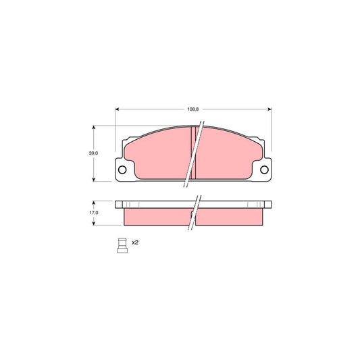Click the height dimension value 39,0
(x=93, y=153)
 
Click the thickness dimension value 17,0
(x=93, y=213)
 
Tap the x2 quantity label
(x=135, y=242)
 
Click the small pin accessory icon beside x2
(x=122, y=244)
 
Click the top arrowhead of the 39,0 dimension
(x=93, y=127)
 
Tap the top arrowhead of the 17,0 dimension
(x=93, y=202)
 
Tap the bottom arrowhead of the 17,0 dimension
(x=93, y=224)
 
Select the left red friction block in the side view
(x=155, y=215)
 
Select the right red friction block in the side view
(x=230, y=215)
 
